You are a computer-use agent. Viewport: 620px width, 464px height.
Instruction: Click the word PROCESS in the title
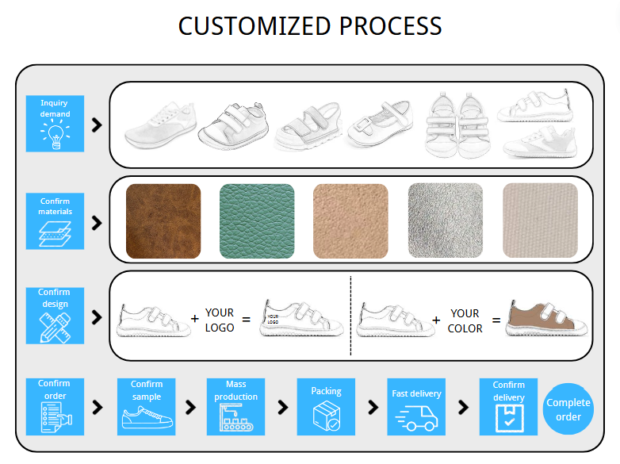pyautogui.click(x=390, y=25)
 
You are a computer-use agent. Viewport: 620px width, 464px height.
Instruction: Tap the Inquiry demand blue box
pyautogui.click(x=55, y=124)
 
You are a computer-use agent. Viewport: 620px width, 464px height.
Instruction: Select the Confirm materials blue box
pyautogui.click(x=55, y=221)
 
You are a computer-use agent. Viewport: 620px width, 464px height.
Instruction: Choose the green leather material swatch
pyautogui.click(x=257, y=220)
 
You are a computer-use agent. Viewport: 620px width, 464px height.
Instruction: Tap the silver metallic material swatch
pyautogui.click(x=445, y=220)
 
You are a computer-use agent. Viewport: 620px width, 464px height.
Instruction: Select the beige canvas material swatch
pyautogui.click(x=540, y=220)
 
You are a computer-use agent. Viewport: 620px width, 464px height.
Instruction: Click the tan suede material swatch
pyautogui.click(x=350, y=220)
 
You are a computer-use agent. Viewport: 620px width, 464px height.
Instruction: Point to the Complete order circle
pyautogui.click(x=568, y=409)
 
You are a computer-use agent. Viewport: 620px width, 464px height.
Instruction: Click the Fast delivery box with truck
pyautogui.click(x=416, y=407)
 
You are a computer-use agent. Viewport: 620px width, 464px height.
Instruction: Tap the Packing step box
pyautogui.click(x=326, y=407)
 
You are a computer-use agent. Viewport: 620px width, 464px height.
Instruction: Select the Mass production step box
pyautogui.click(x=235, y=407)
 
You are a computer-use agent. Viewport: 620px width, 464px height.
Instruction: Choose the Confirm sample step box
pyautogui.click(x=146, y=407)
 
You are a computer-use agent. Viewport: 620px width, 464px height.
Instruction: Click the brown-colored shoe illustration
pyautogui.click(x=547, y=318)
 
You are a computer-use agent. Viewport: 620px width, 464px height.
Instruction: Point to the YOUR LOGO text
pyautogui.click(x=220, y=320)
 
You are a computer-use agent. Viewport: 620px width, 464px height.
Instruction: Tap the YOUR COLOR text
pyautogui.click(x=465, y=320)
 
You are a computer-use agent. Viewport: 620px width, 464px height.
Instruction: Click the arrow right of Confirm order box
pyautogui.click(x=98, y=407)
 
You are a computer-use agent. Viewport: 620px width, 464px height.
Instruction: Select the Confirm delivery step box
pyautogui.click(x=508, y=407)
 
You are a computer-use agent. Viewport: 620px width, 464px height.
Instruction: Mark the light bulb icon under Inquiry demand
pyautogui.click(x=55, y=137)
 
